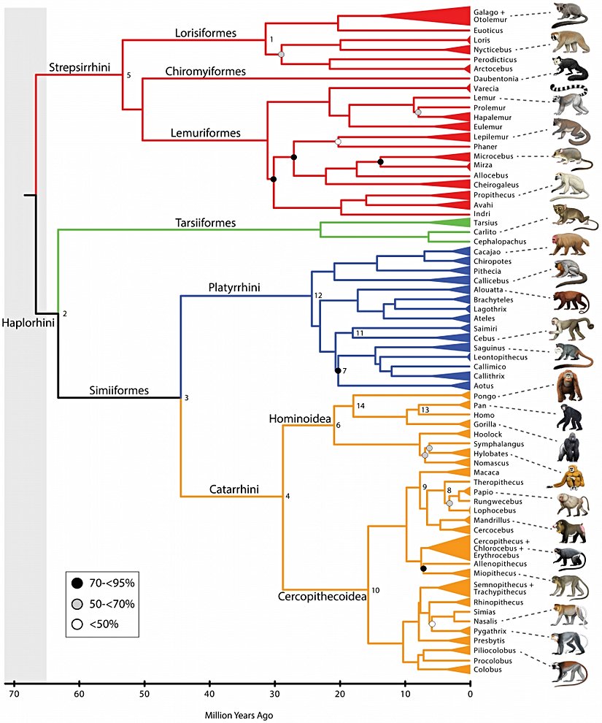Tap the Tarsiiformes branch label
click(206, 222)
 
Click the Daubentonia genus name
click(496, 78)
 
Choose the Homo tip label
click(484, 416)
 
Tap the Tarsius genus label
click(486, 222)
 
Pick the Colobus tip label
click(487, 669)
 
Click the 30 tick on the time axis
click(274, 693)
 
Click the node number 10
click(376, 589)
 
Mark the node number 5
click(130, 74)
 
